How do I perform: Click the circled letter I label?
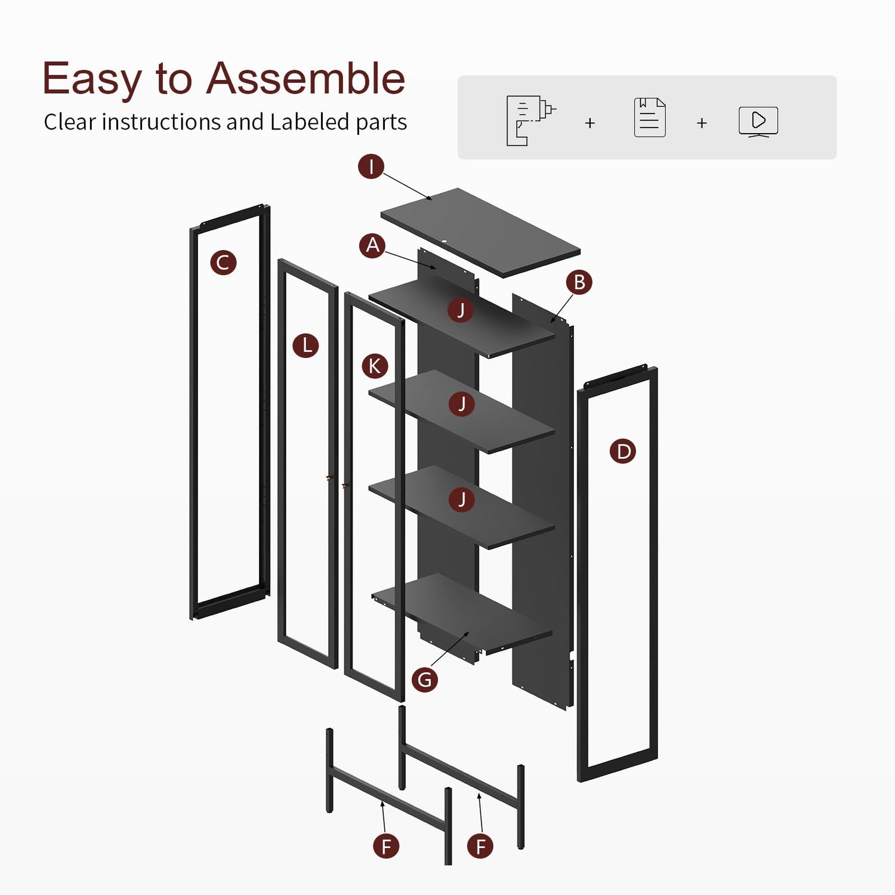pos(371,166)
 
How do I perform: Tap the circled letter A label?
pos(373,245)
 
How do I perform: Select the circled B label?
pos(579,282)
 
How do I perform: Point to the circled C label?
pos(223,263)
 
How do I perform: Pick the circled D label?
pos(623,451)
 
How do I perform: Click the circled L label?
pos(306,345)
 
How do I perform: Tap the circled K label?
pos(375,366)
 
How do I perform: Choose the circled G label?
pos(425,680)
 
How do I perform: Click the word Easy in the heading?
pos(92,79)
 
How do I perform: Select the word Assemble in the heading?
pos(305,78)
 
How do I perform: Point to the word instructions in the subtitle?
pos(162,122)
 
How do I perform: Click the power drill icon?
pos(530,120)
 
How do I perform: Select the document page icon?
pos(650,118)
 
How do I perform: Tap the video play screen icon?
pos(758,122)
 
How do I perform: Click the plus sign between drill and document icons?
pos(590,123)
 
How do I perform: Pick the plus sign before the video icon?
pos(702,123)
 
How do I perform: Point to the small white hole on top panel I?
pos(445,242)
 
